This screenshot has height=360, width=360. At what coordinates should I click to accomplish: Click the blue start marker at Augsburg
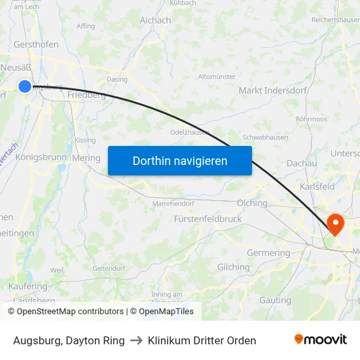(25, 86)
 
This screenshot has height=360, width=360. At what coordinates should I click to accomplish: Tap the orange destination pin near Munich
(335, 224)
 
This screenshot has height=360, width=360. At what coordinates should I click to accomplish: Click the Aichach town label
(155, 20)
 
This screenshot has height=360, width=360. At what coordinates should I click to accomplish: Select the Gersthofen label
(37, 45)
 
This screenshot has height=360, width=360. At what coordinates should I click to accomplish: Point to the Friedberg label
(86, 95)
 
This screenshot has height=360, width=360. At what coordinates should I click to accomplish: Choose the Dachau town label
(302, 163)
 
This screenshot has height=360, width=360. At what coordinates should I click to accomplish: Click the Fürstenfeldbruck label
(208, 219)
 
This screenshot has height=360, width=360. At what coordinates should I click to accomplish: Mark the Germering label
(268, 253)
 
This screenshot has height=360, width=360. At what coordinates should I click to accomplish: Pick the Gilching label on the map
(234, 267)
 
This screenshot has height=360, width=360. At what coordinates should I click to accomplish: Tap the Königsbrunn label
(41, 157)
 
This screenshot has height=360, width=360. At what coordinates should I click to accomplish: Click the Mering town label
(86, 158)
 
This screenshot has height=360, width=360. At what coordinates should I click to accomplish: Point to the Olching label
(253, 203)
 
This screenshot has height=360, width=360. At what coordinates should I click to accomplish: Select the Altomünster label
(217, 77)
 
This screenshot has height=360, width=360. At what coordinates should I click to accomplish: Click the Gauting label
(275, 300)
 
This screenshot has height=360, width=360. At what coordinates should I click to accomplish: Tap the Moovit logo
(320, 339)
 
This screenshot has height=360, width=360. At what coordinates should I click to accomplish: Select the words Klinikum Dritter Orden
(202, 340)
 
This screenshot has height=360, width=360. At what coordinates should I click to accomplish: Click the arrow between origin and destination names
(136, 340)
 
